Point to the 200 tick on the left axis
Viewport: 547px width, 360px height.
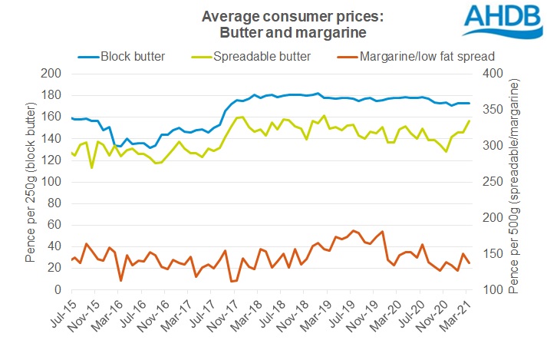pyautogui.click(x=51, y=74)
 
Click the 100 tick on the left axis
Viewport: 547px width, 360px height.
pyautogui.click(x=51, y=182)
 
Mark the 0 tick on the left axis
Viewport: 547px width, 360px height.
pyautogui.click(x=58, y=290)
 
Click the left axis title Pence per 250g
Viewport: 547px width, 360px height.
pyautogui.click(x=31, y=182)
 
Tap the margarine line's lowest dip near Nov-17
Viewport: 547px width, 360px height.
pyautogui.click(x=232, y=281)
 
